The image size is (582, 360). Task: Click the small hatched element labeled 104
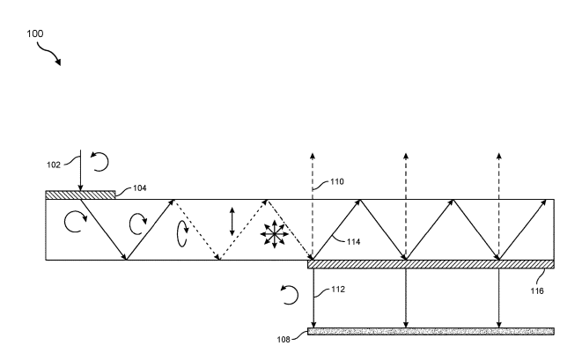pyautogui.click(x=80, y=195)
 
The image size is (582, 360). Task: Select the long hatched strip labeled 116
pyautogui.click(x=431, y=263)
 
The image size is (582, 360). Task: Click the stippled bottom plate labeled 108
pyautogui.click(x=431, y=331)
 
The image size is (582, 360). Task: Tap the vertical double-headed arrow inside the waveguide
pyautogui.click(x=232, y=221)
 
